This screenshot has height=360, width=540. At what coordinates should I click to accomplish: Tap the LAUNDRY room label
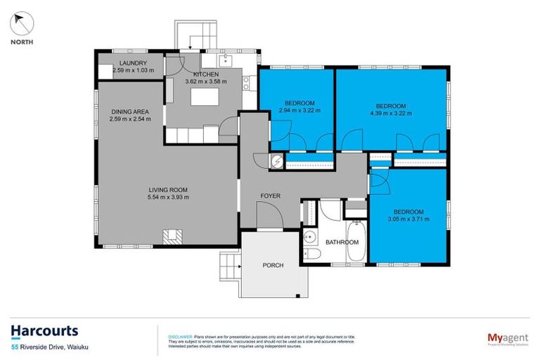coord(132,64)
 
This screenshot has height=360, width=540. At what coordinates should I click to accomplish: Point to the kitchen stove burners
coord(246,84)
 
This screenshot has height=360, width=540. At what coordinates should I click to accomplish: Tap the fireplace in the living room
coord(171,237)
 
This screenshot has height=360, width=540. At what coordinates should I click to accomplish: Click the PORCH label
coord(273,265)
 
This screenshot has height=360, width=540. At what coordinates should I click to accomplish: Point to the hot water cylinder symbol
coord(277,162)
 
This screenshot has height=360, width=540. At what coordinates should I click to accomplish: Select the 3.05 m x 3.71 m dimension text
coord(409,219)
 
